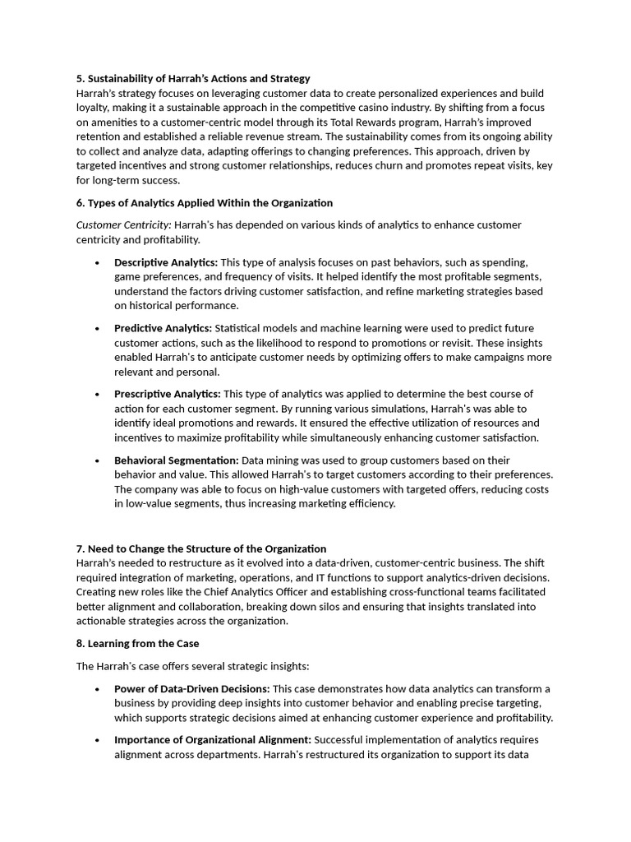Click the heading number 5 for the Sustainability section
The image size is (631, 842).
coord(80,79)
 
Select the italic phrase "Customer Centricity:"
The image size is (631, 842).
coord(124,225)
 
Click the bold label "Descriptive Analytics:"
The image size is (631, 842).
coord(166,262)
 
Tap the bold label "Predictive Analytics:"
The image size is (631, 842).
coord(163,328)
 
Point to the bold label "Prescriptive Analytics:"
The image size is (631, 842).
coord(167,394)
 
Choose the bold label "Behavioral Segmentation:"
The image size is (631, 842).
coord(177,460)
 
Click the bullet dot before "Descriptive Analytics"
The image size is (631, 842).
coord(98,263)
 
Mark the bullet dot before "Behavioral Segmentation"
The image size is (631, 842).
coord(98,461)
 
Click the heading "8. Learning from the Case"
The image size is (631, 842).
coord(137,644)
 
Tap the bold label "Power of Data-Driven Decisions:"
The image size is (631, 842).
coord(192,689)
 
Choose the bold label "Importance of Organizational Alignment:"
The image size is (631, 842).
coord(213,739)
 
